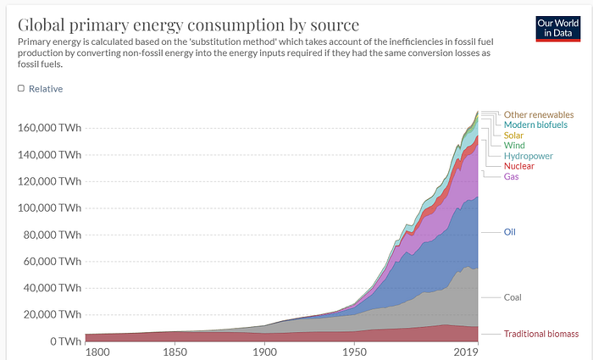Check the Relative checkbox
(x=21, y=88)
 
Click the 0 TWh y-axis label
(x=63, y=341)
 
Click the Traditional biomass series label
(x=541, y=334)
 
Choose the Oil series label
(x=509, y=231)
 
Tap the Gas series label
(x=511, y=176)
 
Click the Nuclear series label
(x=518, y=166)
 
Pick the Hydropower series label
(x=528, y=156)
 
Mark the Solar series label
(x=513, y=135)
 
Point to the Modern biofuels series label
(x=535, y=125)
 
